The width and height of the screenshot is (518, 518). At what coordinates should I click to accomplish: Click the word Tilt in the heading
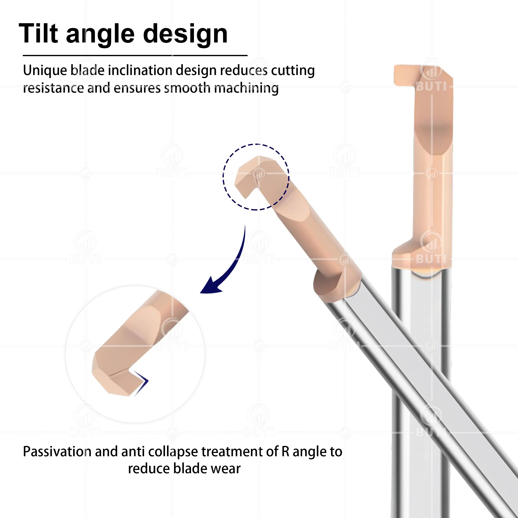(x=38, y=34)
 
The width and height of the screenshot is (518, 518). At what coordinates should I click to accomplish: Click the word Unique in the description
(x=45, y=70)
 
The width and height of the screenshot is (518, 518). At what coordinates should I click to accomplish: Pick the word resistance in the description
(x=53, y=88)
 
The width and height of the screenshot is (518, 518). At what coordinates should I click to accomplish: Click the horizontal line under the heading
(x=135, y=56)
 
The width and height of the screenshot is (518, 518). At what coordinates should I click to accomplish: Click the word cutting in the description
(x=293, y=70)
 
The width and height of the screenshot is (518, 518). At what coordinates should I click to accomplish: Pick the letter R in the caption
(x=285, y=451)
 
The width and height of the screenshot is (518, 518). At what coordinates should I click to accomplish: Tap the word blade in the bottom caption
(x=190, y=469)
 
